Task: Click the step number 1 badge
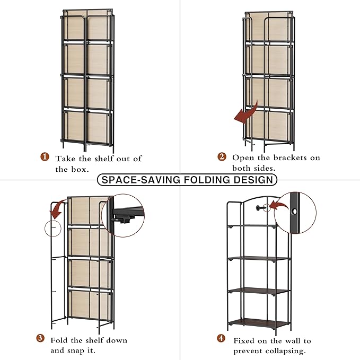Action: pos(45,157)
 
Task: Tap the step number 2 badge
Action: pos(222,157)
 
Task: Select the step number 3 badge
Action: pos(40,338)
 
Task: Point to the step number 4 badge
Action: pos(221,338)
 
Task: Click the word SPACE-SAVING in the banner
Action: pos(141,180)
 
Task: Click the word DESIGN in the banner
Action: pos(253,180)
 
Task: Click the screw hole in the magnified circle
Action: pos(294,211)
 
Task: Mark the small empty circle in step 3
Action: pos(53,228)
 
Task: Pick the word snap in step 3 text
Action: pos(77,351)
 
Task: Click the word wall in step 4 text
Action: pos(291,341)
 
